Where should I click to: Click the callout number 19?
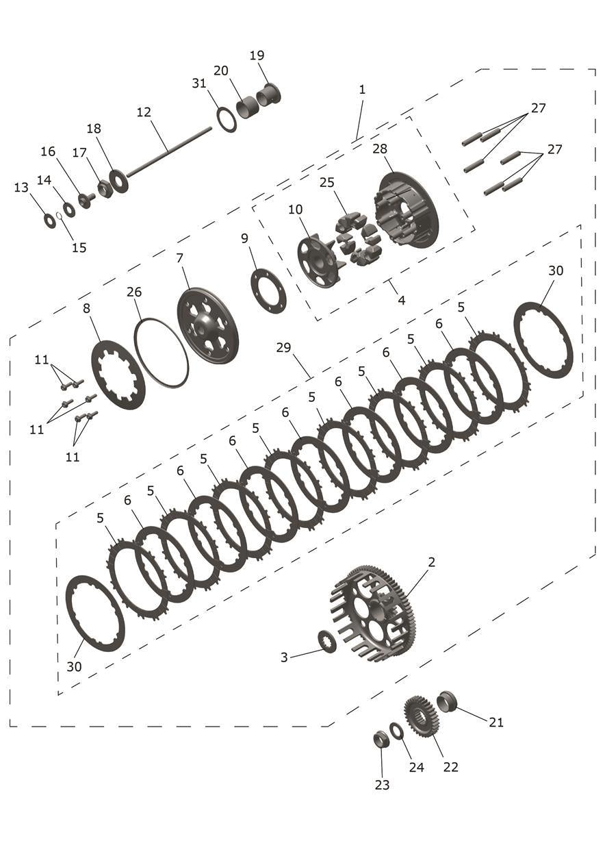coord(257,55)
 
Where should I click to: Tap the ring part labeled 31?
coord(227,120)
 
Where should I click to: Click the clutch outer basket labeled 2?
coord(374,613)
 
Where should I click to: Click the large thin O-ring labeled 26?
coord(162,353)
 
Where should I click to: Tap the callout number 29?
coord(284,348)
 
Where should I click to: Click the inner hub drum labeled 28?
coord(408,210)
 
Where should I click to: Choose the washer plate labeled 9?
coord(268,291)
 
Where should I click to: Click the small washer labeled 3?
coord(328,642)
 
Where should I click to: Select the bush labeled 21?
coord(446,701)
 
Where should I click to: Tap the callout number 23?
coord(382,785)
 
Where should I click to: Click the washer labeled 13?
coord(50,221)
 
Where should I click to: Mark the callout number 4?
coord(401,300)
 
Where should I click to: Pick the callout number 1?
coord(362,90)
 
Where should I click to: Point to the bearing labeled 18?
coord(119,181)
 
